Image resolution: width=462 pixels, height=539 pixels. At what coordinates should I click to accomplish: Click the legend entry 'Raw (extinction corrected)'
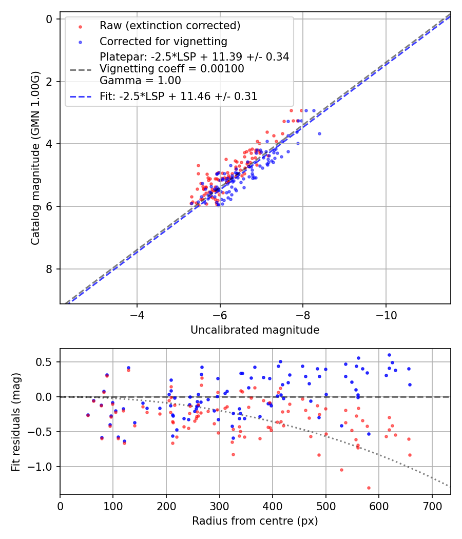point(169,26)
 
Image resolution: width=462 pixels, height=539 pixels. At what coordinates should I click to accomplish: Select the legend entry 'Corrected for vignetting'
point(163,41)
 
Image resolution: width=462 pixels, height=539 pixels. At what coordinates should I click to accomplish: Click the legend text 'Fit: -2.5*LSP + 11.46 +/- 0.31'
point(179,96)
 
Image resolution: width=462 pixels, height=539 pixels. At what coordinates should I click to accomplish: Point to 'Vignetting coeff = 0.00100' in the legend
point(172,69)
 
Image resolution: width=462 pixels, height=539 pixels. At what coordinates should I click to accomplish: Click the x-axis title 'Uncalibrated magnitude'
point(255,330)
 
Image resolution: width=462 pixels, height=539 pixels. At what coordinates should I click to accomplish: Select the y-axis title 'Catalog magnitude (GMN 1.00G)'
point(35,158)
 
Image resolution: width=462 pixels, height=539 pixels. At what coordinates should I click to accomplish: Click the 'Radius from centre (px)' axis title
point(255,521)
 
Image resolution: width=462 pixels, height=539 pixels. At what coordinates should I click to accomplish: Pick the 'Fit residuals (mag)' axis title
point(16,421)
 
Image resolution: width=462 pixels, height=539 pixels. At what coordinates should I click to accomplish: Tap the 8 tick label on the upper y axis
point(49,269)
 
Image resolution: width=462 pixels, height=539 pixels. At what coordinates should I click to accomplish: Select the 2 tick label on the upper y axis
point(49,82)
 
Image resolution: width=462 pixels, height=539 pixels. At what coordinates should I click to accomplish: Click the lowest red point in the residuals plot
point(369,488)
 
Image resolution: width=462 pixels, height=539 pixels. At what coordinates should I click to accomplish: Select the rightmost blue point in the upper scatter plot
point(319,133)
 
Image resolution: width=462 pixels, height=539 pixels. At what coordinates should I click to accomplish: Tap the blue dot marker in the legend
point(80,41)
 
